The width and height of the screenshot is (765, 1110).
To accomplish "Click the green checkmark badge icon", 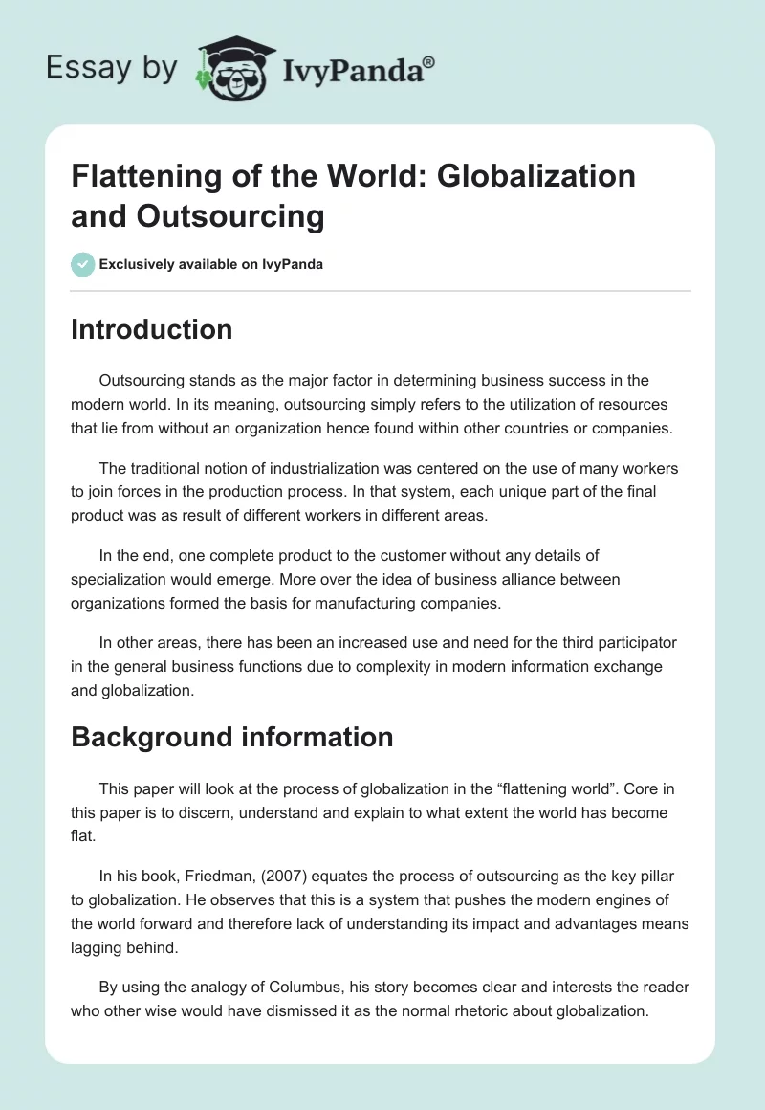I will (83, 264).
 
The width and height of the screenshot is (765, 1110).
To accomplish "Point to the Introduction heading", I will (152, 329).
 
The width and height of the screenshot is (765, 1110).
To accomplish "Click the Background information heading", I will (232, 737).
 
